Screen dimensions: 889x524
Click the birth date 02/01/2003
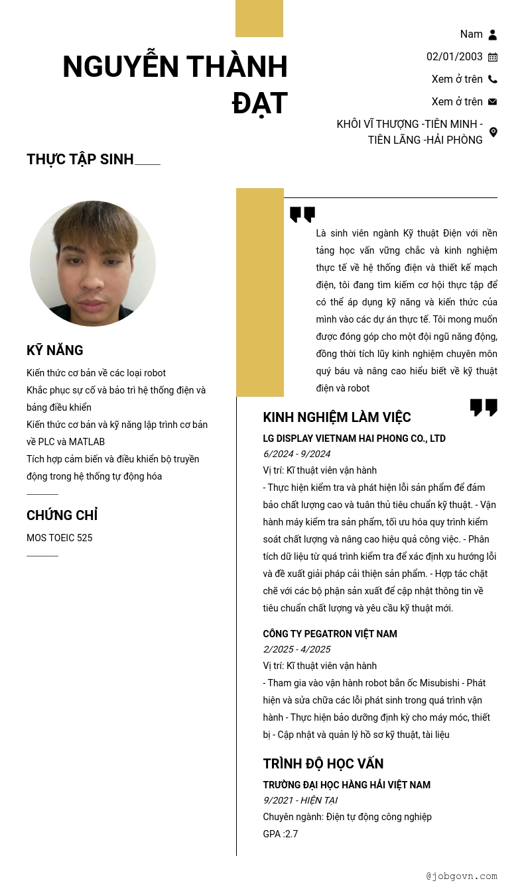(x=454, y=57)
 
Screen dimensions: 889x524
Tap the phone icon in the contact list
(x=493, y=79)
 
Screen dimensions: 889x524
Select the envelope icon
(x=493, y=102)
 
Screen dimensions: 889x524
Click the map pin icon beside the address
(x=493, y=132)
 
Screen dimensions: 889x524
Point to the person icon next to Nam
(x=493, y=34)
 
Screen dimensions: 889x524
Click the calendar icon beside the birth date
(x=493, y=57)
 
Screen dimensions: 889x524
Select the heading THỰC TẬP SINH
(x=80, y=160)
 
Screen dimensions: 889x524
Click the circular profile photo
(x=93, y=263)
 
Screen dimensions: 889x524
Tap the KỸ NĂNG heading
(x=55, y=350)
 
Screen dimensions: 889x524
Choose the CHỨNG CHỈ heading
(x=62, y=515)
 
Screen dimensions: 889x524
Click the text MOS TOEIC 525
(x=60, y=538)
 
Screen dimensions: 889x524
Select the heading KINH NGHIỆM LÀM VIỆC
(x=337, y=417)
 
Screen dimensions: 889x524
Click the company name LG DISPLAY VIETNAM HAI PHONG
(x=354, y=439)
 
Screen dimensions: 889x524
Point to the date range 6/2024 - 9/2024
(x=296, y=454)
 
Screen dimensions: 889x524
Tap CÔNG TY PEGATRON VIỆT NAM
(x=330, y=634)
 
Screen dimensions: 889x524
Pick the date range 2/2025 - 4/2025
(x=296, y=649)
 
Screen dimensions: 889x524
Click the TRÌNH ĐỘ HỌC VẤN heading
(x=323, y=764)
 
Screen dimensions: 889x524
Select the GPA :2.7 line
(x=281, y=834)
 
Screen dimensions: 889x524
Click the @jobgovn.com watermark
(x=462, y=876)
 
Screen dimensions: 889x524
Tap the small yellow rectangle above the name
(x=259, y=19)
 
